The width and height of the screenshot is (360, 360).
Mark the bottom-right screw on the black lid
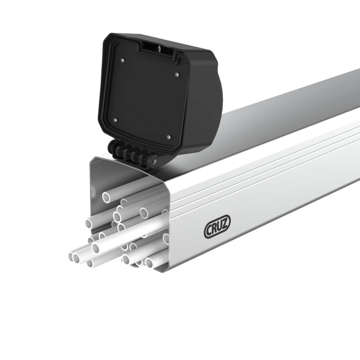point(169,137)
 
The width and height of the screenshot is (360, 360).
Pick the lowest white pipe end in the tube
point(149,263)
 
